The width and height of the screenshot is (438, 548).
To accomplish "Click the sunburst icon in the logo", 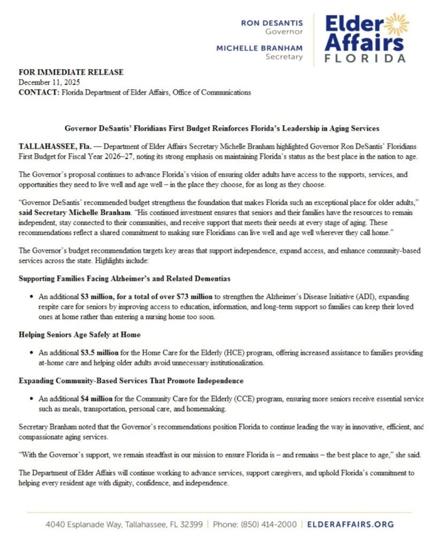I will point(396,25).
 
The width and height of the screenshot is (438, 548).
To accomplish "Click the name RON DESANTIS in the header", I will point(272,23).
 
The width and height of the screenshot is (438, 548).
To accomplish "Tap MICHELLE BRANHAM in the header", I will point(259,48).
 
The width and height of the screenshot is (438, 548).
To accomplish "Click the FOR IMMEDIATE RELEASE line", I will point(71,72).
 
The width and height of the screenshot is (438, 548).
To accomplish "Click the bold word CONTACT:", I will point(39,92).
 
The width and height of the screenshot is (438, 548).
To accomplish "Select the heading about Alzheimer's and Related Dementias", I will point(125,279).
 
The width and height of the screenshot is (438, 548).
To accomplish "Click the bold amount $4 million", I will point(96,399).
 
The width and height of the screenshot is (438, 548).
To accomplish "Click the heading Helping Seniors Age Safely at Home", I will point(80,335).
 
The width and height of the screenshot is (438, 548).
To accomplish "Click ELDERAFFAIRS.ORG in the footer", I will point(351,524).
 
